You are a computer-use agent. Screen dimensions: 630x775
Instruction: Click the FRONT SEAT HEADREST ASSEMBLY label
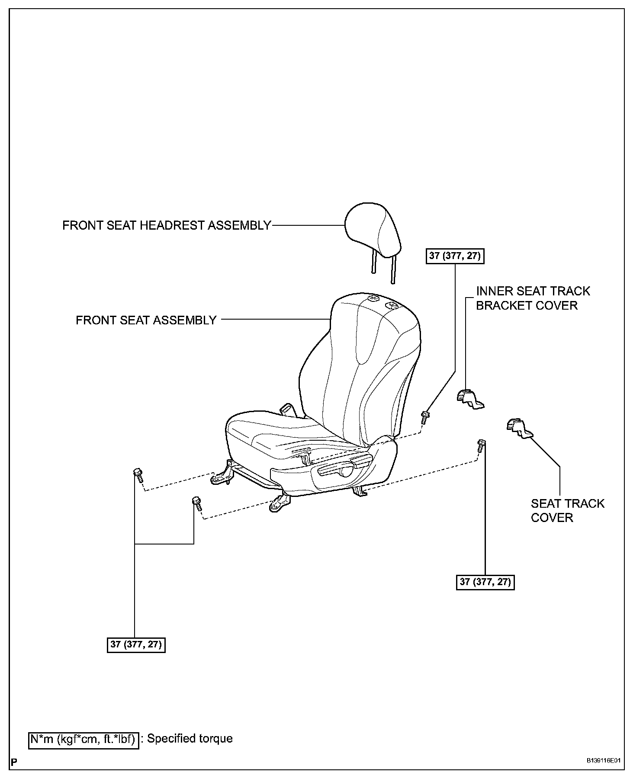point(167,225)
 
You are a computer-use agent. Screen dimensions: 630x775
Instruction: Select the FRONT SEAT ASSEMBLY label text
point(146,320)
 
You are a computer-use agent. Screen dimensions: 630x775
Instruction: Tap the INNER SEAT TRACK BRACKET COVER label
point(533,298)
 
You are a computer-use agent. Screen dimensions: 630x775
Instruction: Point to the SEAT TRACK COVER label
point(567,511)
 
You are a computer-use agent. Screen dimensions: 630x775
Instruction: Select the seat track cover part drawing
point(519,428)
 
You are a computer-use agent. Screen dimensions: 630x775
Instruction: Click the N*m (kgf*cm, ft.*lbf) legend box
point(84,739)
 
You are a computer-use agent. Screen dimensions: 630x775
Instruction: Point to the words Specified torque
point(190,738)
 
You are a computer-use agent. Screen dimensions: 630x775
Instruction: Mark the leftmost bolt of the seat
point(138,476)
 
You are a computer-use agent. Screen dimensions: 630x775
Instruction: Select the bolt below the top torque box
point(425,417)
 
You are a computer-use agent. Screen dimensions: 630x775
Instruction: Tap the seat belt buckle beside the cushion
point(286,409)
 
